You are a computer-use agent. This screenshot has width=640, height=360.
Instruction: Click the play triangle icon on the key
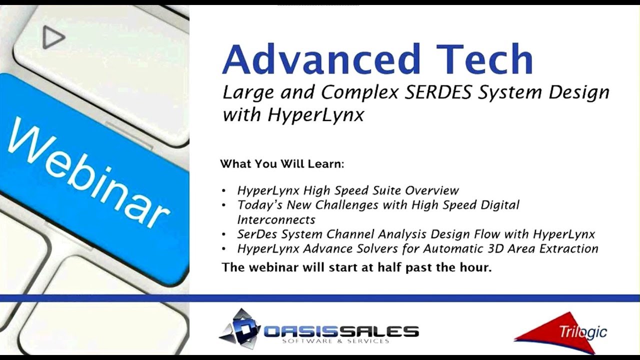pos(52,37)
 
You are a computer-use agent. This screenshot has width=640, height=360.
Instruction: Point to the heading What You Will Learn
pos(282,164)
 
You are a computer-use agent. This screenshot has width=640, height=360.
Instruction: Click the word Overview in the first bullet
pos(432,190)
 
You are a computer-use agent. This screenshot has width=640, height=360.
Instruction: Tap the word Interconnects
pos(276,219)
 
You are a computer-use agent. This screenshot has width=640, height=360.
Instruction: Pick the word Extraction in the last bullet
pos(569,248)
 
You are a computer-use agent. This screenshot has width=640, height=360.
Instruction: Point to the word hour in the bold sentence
pos(477,267)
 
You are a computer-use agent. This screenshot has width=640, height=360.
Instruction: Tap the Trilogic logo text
pos(583,332)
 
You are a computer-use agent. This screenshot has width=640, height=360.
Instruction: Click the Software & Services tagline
pos(335,341)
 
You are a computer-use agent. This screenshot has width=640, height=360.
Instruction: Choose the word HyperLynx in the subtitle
pos(315,114)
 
